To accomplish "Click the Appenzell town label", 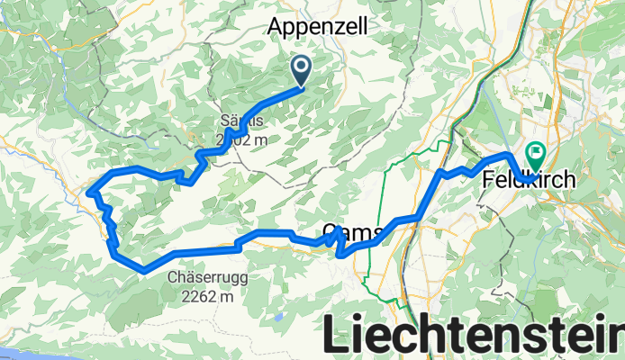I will tap(318, 28).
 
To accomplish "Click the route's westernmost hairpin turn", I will tap(91, 189).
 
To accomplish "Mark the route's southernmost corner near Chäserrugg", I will tap(145, 269).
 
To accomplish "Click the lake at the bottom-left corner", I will tap(14, 354).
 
